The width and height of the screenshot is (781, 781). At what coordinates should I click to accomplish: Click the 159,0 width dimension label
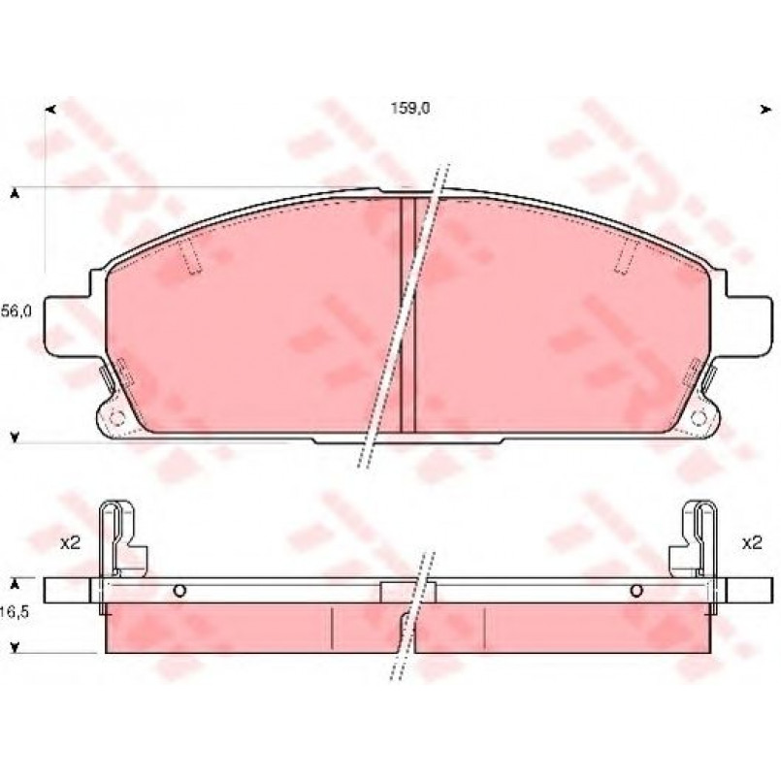click(x=409, y=108)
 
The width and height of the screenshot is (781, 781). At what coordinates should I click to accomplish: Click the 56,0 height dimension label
click(x=16, y=311)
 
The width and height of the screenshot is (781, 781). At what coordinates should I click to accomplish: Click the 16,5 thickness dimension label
click(x=15, y=612)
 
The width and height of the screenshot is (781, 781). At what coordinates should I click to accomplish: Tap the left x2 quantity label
click(x=70, y=543)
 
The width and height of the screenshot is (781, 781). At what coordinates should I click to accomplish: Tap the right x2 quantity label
click(x=752, y=543)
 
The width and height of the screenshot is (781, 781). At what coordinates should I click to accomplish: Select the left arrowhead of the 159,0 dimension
click(x=50, y=109)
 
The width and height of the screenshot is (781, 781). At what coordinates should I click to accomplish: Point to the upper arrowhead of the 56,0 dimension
click(x=16, y=194)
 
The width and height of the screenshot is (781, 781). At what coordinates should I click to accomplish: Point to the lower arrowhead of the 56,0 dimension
click(x=16, y=438)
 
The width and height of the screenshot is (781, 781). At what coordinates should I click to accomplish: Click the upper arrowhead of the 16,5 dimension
click(x=16, y=584)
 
